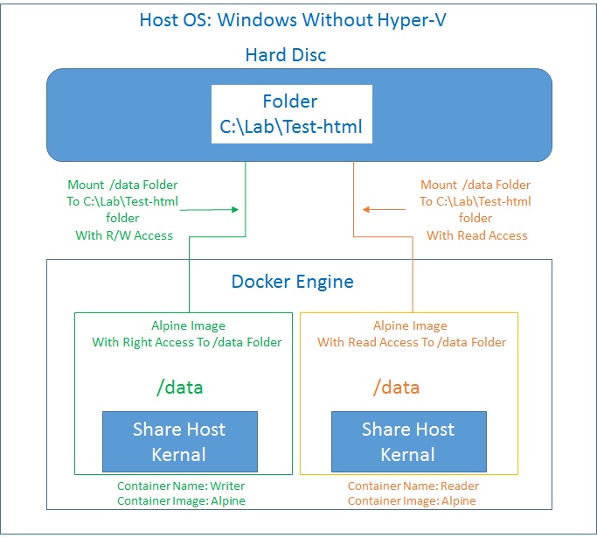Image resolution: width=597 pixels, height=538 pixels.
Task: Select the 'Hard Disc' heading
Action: (286, 55)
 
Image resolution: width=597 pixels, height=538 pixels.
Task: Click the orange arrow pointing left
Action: (385, 209)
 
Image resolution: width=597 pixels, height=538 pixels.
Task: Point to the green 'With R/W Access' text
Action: (122, 235)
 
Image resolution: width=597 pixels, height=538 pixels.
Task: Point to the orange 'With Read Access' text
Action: (476, 235)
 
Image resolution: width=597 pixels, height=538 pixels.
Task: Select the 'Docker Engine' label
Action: (292, 281)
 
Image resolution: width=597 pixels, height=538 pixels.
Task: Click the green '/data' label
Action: (179, 388)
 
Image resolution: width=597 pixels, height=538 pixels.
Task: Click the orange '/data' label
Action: (396, 388)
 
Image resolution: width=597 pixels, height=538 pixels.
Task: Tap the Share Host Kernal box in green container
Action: (179, 441)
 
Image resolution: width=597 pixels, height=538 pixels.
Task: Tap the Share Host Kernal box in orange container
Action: (408, 441)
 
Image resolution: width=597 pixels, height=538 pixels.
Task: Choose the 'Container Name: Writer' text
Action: (182, 486)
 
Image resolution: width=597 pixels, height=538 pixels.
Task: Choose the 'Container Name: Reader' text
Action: (413, 486)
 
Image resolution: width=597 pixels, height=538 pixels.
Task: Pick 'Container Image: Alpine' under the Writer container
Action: (182, 501)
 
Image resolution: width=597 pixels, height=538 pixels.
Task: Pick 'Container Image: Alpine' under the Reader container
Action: (413, 501)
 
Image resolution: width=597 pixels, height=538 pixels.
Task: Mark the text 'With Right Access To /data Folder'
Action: (187, 342)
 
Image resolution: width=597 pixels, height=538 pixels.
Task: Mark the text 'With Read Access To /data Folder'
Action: (412, 342)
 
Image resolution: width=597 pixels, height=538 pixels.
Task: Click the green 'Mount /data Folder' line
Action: (122, 185)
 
